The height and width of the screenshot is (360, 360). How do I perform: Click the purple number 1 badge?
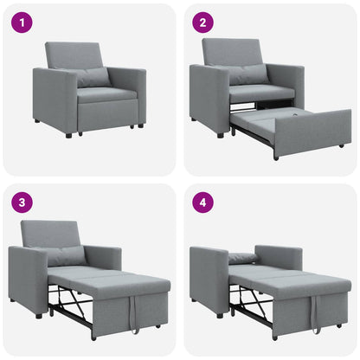click(x=22, y=22)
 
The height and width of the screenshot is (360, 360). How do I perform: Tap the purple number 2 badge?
click(x=202, y=22)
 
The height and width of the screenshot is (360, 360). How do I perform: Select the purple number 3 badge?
click(x=22, y=203)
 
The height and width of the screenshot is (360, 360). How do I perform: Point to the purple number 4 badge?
click(x=202, y=203)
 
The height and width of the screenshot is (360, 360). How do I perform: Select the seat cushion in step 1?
click(x=106, y=94)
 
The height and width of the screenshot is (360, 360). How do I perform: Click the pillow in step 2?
click(x=251, y=74)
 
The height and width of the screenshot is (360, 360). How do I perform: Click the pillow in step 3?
click(x=67, y=255)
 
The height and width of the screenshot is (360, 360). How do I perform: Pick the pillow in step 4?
click(x=242, y=258)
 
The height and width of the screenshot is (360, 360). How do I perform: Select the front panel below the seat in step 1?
click(x=108, y=115)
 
